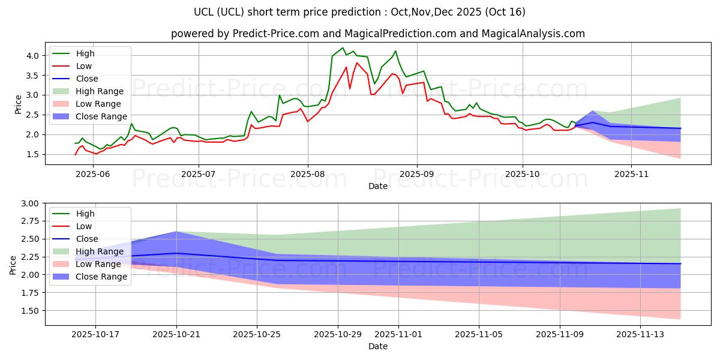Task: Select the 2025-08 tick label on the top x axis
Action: [308, 174]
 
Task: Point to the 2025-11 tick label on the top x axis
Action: [631, 174]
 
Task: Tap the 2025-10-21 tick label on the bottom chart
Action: [176, 334]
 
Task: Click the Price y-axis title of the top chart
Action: [18, 104]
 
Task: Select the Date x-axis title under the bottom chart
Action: [378, 346]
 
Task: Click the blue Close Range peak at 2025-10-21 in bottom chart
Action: [176, 232]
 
